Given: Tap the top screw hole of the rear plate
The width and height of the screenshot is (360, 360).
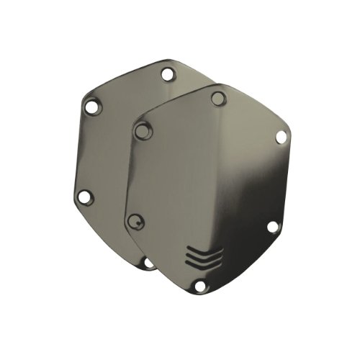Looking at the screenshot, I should (168, 73).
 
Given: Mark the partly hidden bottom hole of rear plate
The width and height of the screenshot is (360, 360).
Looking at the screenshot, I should (148, 264).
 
